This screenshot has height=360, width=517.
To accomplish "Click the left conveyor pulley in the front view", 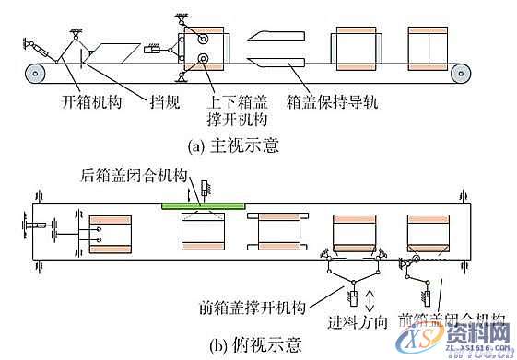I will pos(37,70).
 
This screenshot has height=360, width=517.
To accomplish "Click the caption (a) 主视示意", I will pos(235,145).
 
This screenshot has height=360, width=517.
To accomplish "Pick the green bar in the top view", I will pos(203,205).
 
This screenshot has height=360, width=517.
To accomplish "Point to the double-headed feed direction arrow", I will pos(371,299).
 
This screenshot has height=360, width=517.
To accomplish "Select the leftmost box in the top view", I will pos(111,233).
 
